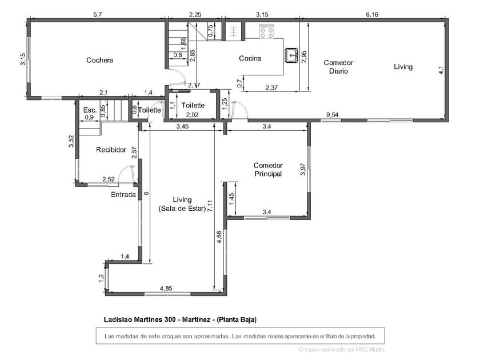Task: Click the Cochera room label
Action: pos(99,60)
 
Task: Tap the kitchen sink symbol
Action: pos(291,55)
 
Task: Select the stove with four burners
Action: pos(266,31)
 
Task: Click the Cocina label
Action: pos(250,58)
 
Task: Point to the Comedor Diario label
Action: pos(338,67)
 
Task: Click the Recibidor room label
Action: pos(111,150)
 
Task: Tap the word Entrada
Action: pos(123,194)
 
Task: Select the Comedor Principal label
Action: pos(268,170)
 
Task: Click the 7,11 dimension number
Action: pos(210,206)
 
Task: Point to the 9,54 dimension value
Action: pos(332,115)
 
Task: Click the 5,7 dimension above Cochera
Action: pos(97,14)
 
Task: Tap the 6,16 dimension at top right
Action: pos(372,14)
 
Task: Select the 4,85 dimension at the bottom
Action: pos(166,288)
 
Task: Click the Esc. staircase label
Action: pos(90,110)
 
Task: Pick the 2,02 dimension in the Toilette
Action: pos(192,115)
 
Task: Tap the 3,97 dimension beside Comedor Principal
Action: pos(303,169)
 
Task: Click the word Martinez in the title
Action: pos(196,319)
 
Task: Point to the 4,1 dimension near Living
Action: pos(441,70)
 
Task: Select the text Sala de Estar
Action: pos(182,209)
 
